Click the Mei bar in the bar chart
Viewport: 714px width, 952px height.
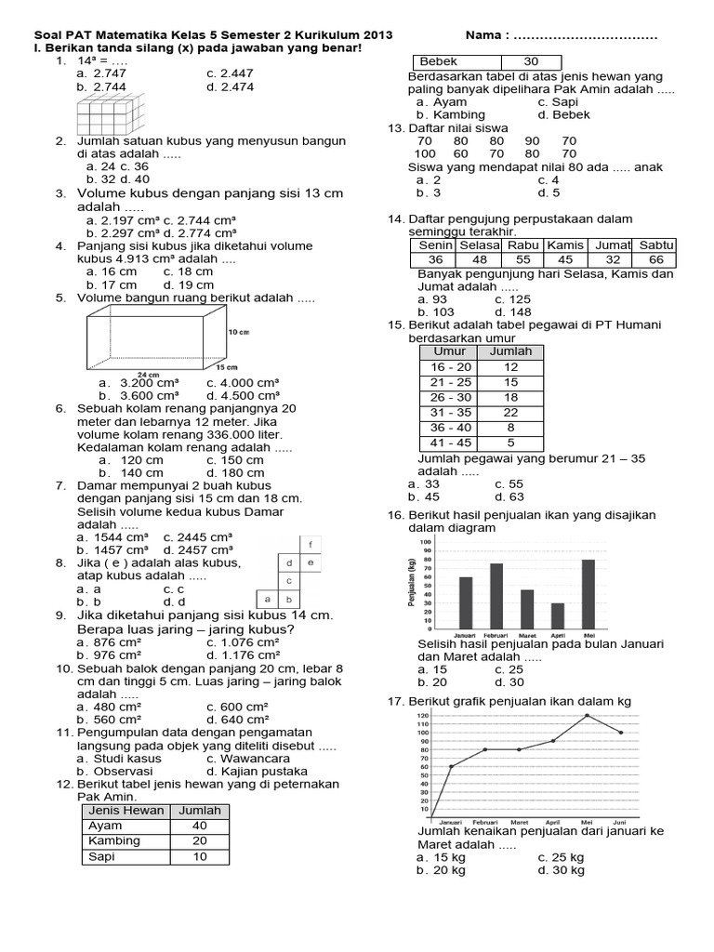588,592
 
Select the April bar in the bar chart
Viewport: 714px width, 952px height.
557,615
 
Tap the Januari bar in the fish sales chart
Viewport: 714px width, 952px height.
466,602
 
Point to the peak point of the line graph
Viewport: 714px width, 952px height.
587,715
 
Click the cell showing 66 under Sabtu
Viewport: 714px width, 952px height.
656,259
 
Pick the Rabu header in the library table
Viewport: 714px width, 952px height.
522,245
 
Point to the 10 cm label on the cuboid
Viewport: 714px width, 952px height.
238,331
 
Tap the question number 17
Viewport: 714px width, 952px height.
394,701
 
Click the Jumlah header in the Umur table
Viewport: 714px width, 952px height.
510,351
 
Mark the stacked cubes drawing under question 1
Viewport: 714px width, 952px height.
114,116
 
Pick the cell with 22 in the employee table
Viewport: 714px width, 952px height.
510,412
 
